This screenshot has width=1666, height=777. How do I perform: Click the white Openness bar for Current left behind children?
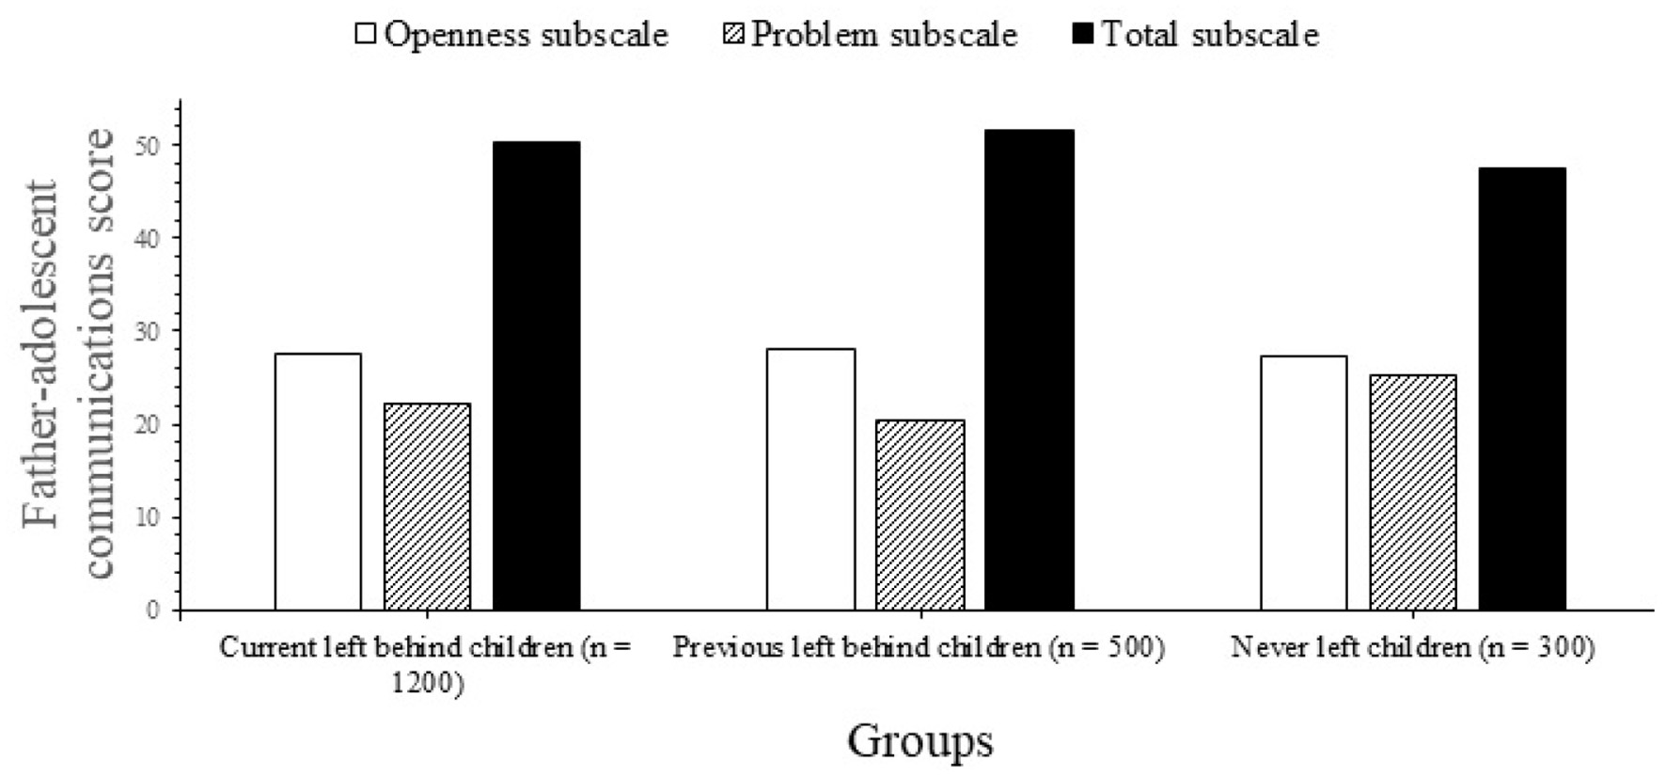(318, 482)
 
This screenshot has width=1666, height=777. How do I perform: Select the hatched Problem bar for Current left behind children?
(427, 507)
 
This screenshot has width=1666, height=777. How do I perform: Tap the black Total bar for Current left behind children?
(536, 375)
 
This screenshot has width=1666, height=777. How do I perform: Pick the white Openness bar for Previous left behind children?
(810, 480)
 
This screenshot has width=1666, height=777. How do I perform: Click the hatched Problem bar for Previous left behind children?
(919, 515)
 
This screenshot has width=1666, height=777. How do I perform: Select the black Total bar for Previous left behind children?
(1029, 370)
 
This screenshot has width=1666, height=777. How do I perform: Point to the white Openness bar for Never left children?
(1303, 484)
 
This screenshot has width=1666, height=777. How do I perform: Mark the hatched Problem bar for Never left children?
(1412, 493)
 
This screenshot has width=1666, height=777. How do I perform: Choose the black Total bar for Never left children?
(1521, 388)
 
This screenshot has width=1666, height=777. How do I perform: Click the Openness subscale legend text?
(527, 35)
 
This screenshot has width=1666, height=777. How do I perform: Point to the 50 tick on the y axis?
(152, 145)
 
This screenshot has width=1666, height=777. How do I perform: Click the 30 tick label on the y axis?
(152, 331)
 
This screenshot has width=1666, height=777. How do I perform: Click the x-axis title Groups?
(919, 739)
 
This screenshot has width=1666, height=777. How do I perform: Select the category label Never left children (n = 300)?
(1412, 648)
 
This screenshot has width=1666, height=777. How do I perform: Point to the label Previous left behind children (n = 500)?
(919, 648)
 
